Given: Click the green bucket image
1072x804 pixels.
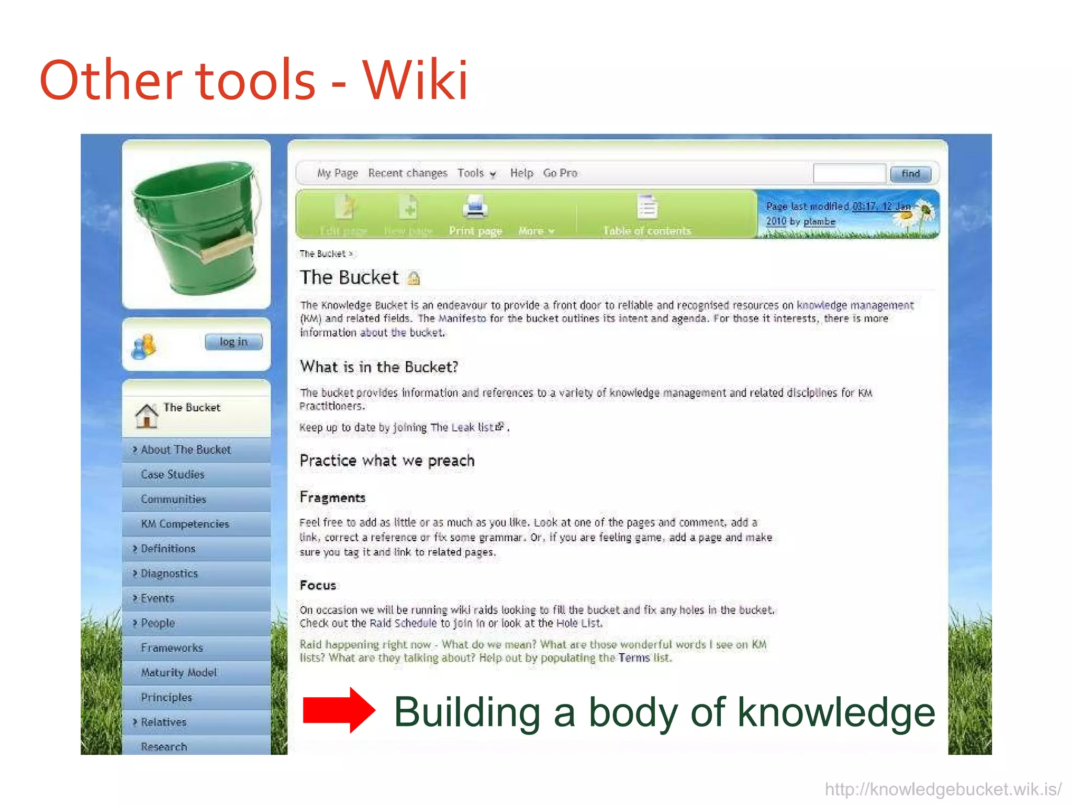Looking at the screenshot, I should pyautogui.click(x=197, y=226).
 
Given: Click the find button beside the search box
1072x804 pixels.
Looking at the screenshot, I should pyautogui.click(x=910, y=174).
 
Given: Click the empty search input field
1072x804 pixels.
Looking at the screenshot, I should pyautogui.click(x=848, y=174).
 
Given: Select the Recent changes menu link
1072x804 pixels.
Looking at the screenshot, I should pyautogui.click(x=408, y=173).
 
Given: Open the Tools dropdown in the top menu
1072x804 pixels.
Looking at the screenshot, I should pyautogui.click(x=476, y=173).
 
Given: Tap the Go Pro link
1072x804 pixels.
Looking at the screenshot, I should pyautogui.click(x=560, y=173).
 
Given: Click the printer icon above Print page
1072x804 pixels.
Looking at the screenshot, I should pyautogui.click(x=475, y=207).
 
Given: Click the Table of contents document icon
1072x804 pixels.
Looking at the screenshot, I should pyautogui.click(x=647, y=207).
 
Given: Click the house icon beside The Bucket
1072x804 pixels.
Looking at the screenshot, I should pyautogui.click(x=147, y=416).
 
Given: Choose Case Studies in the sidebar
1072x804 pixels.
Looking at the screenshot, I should pyautogui.click(x=172, y=475).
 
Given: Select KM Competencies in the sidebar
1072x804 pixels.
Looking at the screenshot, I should pyautogui.click(x=185, y=524).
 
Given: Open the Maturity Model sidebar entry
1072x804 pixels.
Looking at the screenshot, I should pyautogui.click(x=178, y=673).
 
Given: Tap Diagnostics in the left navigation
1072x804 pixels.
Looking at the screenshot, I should pyautogui.click(x=169, y=574).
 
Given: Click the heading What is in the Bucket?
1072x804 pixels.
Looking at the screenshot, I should pyautogui.click(x=379, y=367).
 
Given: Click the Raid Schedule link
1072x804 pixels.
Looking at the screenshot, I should pyautogui.click(x=403, y=623).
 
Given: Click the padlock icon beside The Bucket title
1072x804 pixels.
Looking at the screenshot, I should pyautogui.click(x=414, y=278).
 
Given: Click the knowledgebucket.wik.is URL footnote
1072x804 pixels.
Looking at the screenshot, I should pyautogui.click(x=943, y=789).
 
